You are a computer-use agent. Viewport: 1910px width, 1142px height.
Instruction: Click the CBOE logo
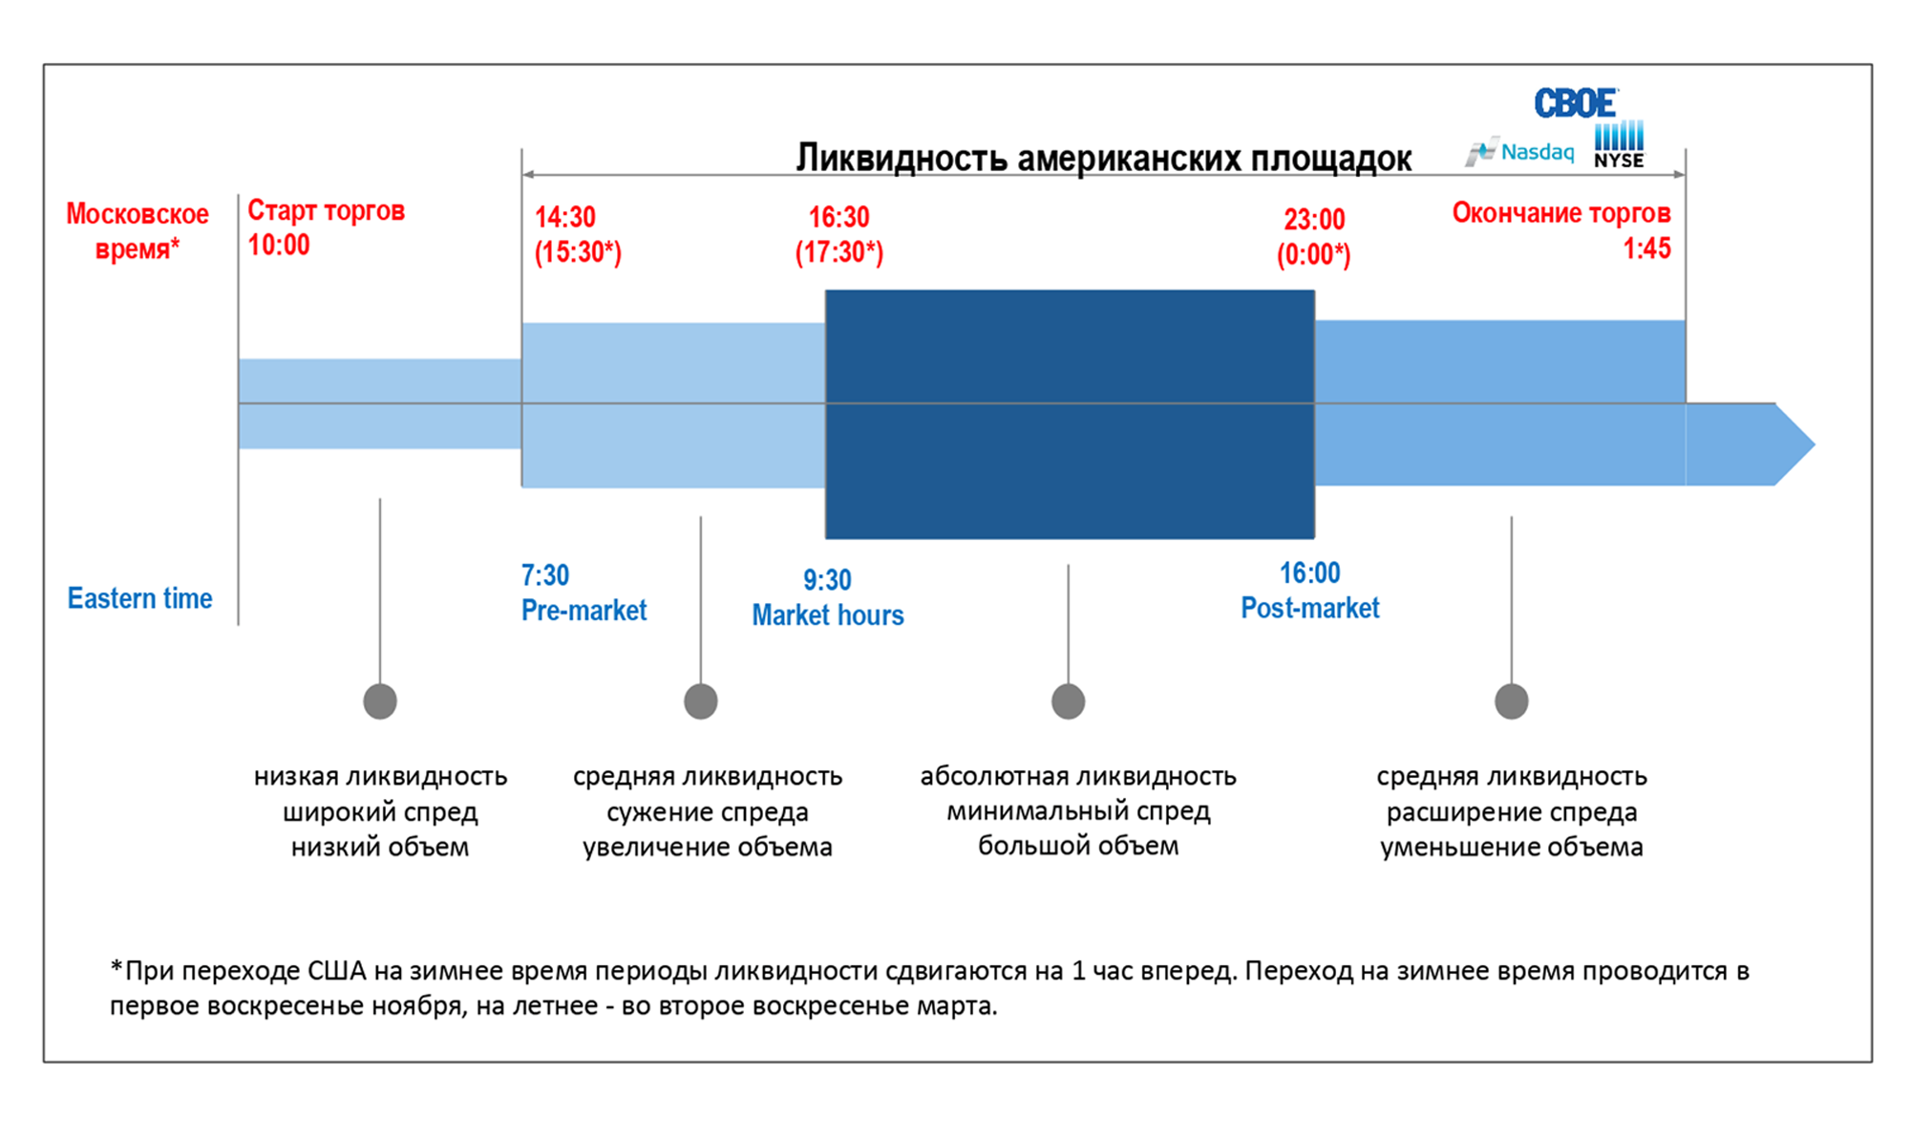point(1575,103)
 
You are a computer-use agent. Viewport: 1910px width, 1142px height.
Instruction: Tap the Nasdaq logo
point(1520,152)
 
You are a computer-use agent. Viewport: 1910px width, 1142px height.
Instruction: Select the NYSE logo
point(1619,146)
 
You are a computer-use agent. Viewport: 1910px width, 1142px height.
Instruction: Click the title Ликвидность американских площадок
point(1103,159)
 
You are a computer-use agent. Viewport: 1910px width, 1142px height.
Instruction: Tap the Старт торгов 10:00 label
point(326,227)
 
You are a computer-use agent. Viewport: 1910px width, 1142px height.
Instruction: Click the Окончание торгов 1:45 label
point(1560,230)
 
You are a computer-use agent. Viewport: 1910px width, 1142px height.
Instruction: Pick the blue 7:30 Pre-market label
point(583,593)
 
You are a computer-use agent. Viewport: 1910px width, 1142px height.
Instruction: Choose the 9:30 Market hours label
point(827,597)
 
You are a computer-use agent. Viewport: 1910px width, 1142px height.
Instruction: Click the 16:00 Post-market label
point(1309,591)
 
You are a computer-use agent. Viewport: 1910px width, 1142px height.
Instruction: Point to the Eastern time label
point(139,598)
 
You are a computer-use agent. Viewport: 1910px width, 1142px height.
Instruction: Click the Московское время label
point(137,230)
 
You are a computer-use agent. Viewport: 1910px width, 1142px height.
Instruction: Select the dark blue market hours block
point(1070,414)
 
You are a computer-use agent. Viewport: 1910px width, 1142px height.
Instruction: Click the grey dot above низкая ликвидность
point(380,701)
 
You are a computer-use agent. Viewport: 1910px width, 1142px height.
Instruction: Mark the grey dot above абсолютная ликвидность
point(1068,701)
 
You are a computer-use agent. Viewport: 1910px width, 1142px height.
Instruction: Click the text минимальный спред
point(1078,811)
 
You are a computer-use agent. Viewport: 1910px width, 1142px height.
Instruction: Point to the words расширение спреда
point(1511,812)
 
